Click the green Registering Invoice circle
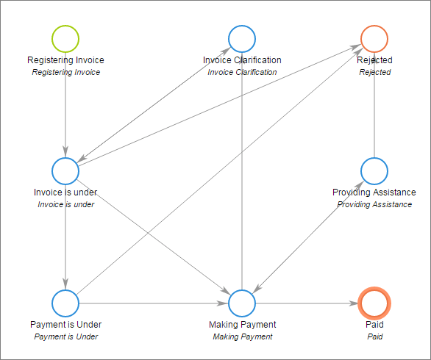[65, 38]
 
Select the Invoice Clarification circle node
[242, 38]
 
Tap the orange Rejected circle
[374, 38]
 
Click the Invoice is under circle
[65, 170]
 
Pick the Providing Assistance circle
[374, 170]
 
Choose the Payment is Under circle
[65, 303]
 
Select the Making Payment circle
[242, 303]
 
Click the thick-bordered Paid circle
[374, 303]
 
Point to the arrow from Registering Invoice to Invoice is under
[65, 110]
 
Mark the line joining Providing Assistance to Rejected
[374, 110]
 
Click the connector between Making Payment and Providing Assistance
[308, 237]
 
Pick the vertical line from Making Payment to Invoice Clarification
[242, 184]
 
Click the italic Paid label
[374, 336]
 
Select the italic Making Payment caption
[242, 336]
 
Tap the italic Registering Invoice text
[65, 72]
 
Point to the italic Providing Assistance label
[374, 204]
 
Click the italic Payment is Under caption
[65, 336]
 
